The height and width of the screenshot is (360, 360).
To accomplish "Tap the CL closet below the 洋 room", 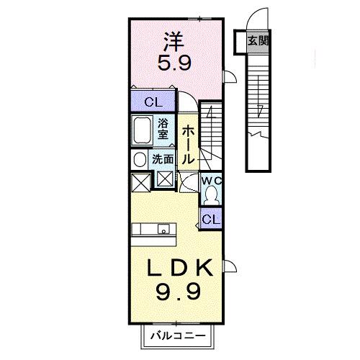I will tap(153, 102).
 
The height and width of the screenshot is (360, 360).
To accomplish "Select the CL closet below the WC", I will tap(210, 217).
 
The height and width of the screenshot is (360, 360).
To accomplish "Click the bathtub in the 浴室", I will tap(143, 132).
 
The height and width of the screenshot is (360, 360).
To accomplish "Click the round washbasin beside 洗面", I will tap(138, 160).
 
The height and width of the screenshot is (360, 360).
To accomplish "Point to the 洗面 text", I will tap(161, 160).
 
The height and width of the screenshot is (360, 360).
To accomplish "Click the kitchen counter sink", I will tap(165, 231).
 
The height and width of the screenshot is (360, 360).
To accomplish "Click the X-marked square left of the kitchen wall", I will tap(140, 180).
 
